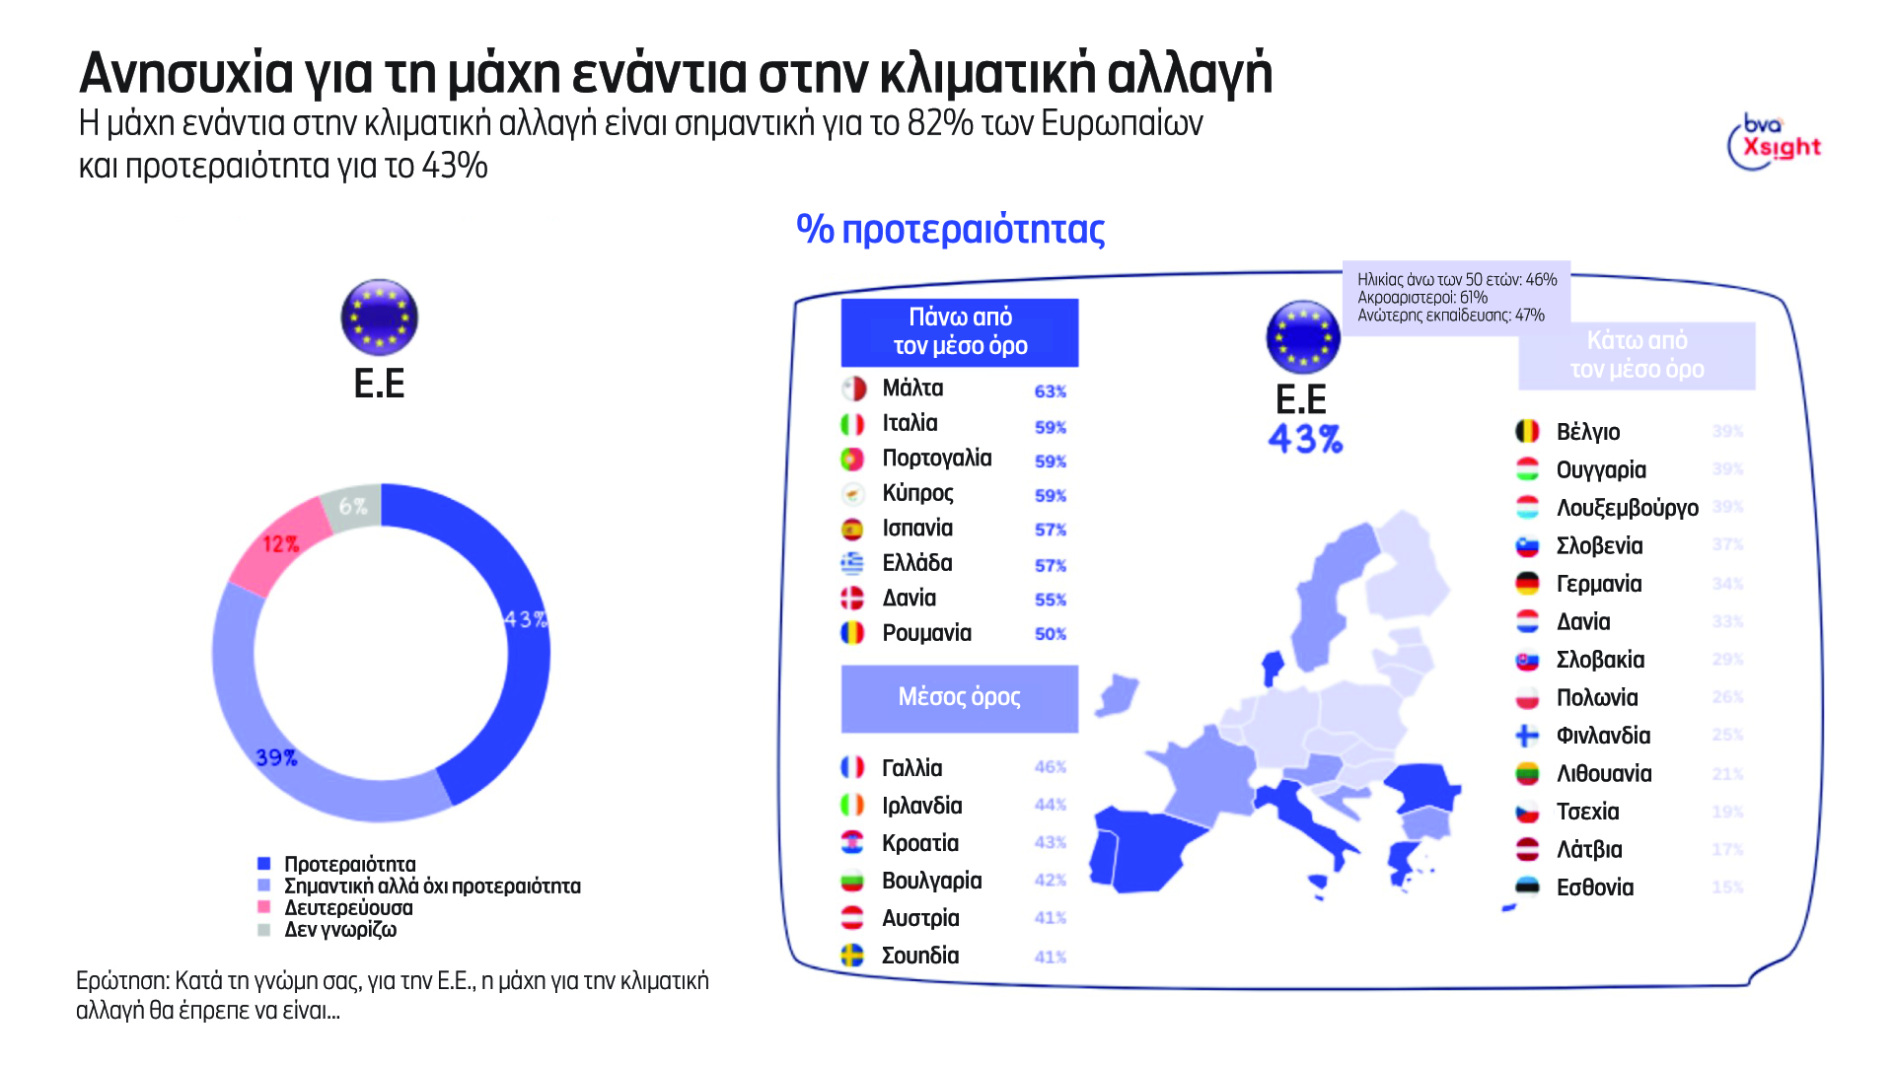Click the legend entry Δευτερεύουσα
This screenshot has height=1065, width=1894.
click(x=348, y=907)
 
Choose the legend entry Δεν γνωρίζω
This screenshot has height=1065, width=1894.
click(x=339, y=929)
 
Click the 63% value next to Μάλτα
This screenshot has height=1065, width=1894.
click(x=1050, y=391)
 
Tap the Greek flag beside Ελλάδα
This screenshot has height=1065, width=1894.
click(x=852, y=563)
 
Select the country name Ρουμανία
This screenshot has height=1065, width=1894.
click(x=926, y=633)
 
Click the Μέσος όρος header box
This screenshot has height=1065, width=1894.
click(x=959, y=698)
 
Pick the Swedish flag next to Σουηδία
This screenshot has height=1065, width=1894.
click(x=852, y=955)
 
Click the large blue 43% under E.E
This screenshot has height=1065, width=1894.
click(x=1304, y=439)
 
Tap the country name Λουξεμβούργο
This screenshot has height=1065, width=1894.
click(x=1627, y=508)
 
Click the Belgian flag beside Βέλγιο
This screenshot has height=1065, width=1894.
click(x=1527, y=431)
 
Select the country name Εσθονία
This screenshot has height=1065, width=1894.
click(x=1594, y=887)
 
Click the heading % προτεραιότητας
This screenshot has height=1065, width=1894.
click(x=950, y=229)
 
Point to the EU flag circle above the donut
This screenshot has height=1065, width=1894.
click(x=379, y=318)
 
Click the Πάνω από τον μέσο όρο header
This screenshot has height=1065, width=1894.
click(x=959, y=332)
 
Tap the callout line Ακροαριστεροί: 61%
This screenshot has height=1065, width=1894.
click(x=1421, y=298)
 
